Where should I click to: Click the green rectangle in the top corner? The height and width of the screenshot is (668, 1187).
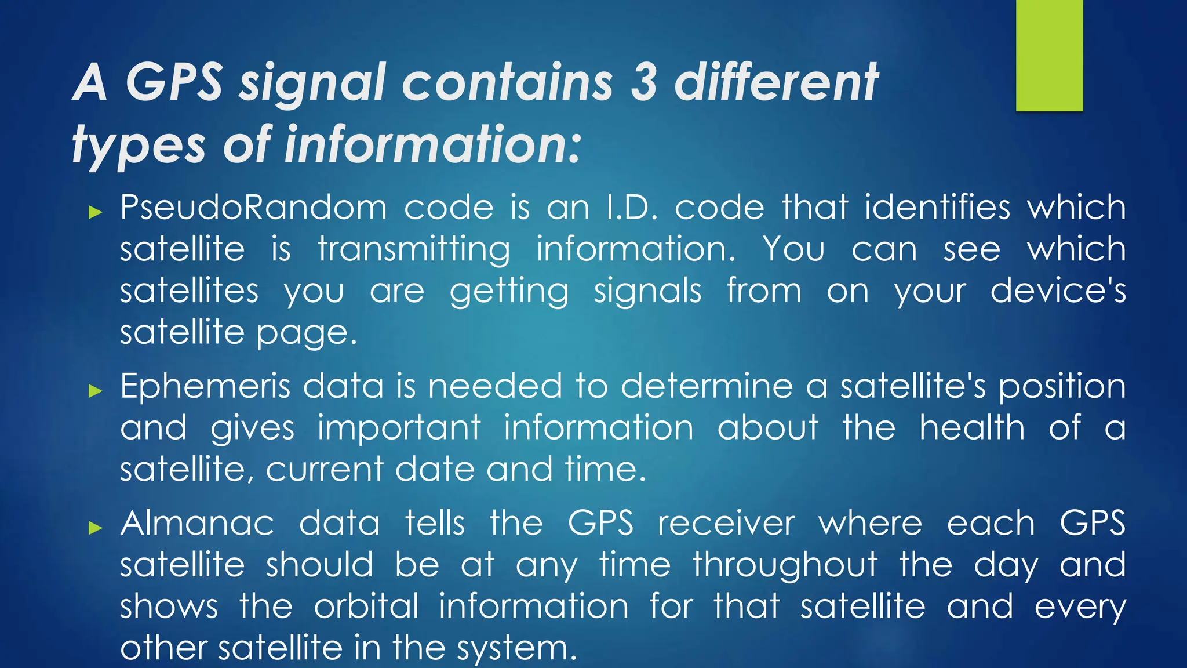tap(1049, 56)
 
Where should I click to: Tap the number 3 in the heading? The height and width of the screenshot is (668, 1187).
tap(643, 82)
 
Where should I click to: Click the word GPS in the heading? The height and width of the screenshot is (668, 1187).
tap(174, 82)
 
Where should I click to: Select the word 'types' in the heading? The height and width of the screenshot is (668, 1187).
tap(139, 145)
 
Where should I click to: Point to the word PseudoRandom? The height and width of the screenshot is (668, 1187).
tap(253, 207)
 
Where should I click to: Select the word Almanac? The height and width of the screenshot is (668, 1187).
tap(197, 523)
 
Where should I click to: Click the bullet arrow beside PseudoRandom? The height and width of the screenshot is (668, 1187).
tap(95, 212)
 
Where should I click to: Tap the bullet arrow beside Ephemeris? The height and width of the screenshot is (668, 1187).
tap(95, 391)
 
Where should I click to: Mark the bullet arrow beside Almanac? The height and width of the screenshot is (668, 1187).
tap(95, 528)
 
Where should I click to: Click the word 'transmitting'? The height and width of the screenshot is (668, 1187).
tap(414, 249)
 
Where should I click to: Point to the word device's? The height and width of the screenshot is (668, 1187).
tap(1058, 291)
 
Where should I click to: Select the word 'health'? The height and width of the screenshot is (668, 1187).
tap(972, 428)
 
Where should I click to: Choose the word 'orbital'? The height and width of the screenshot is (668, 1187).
tap(366, 607)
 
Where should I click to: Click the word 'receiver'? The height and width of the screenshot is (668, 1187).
tap(726, 523)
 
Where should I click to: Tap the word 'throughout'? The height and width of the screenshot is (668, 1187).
tap(785, 566)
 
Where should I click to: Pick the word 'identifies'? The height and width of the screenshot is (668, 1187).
tap(937, 207)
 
